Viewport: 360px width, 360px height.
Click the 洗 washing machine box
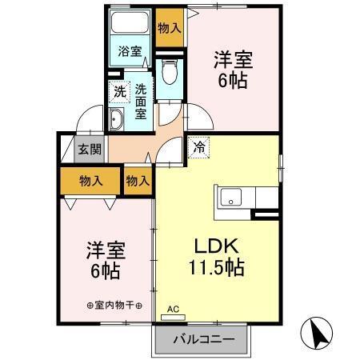click(118, 91)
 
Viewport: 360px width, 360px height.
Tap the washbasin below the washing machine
click(117, 121)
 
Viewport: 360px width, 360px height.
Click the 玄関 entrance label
click(89, 149)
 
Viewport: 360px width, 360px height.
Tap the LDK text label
click(206, 245)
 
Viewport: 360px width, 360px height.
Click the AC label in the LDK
click(173, 308)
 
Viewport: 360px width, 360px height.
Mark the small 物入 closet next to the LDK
click(138, 182)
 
